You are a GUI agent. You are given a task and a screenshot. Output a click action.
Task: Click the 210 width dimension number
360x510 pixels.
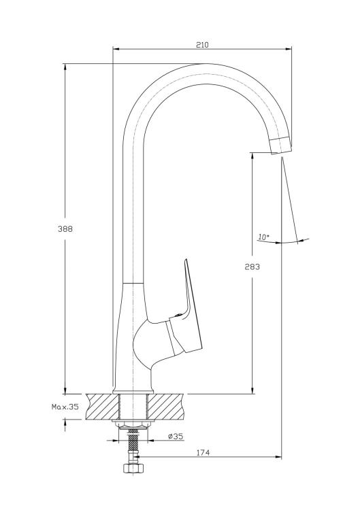point(202,45)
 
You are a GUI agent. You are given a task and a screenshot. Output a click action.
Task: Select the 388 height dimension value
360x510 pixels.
point(65,229)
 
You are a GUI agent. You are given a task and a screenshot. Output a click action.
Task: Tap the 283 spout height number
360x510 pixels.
point(252,267)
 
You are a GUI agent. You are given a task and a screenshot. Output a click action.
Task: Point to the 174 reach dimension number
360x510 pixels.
point(203,452)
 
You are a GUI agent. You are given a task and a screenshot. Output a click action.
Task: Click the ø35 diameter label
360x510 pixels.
point(176,437)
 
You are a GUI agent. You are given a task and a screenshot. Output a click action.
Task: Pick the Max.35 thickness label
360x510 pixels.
point(65,407)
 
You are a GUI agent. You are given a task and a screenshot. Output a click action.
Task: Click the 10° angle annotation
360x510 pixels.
point(263,237)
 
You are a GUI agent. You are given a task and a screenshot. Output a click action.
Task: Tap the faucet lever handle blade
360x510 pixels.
point(192,306)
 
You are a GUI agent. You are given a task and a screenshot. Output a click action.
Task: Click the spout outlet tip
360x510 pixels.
point(281,146)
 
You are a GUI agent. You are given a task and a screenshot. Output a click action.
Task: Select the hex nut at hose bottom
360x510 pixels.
point(132,469)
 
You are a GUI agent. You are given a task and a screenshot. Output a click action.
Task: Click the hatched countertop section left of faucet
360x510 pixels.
point(102,407)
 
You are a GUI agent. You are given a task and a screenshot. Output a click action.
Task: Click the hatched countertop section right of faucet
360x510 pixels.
point(166,407)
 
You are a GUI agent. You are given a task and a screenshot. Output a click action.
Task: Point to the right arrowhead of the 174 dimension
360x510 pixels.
point(278,457)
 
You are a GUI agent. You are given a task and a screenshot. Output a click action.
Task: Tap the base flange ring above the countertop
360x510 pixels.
point(133,392)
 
